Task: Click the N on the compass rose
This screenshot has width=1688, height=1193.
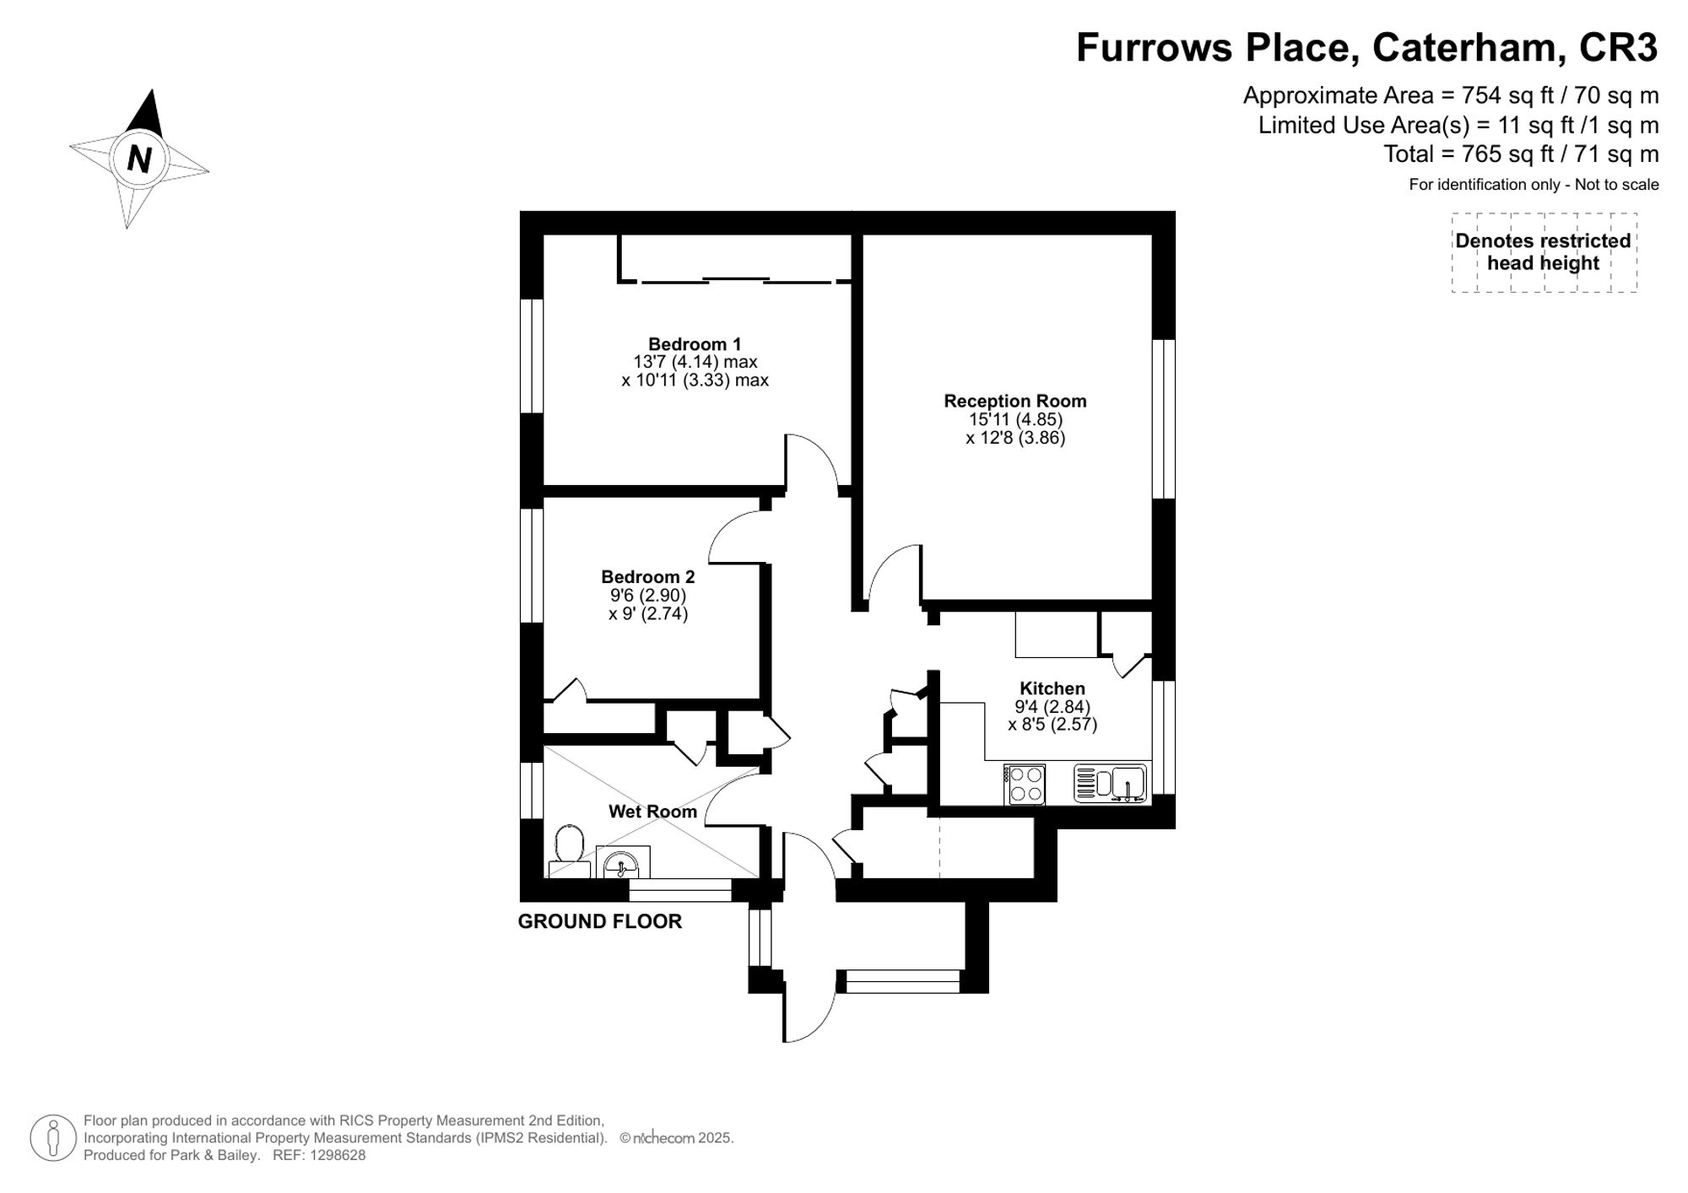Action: (x=139, y=159)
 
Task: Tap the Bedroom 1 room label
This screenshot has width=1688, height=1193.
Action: (x=695, y=344)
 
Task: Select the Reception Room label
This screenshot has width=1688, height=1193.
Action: (x=1014, y=401)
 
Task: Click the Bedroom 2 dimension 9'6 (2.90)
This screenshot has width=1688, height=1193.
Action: (x=648, y=595)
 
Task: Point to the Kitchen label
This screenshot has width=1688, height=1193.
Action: (x=1052, y=688)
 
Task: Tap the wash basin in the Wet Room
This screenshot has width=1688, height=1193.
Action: (x=622, y=864)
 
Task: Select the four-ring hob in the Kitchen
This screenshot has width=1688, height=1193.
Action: (x=1025, y=784)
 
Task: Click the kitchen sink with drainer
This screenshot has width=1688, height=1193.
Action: (x=1110, y=783)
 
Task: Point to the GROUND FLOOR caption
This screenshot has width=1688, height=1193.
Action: (x=599, y=921)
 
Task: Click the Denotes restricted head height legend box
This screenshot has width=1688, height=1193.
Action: (x=1544, y=252)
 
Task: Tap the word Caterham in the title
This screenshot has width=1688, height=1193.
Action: (x=1464, y=47)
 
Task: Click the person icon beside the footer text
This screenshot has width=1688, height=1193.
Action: (x=53, y=1138)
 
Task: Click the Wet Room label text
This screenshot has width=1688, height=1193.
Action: (x=652, y=812)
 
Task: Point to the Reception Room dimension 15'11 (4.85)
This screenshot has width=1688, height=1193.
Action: (x=1014, y=419)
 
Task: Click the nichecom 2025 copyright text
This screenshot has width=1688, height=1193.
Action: (x=676, y=1138)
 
